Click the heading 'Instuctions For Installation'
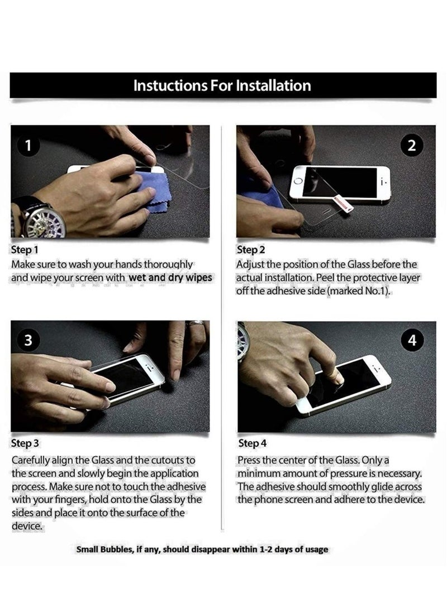point(222,85)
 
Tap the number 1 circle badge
point(28,146)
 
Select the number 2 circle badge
point(412,146)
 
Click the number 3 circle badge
point(28,341)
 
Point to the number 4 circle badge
point(412,341)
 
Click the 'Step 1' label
point(25,250)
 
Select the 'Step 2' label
point(251,250)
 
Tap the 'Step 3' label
point(25,443)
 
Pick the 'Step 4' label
point(252,443)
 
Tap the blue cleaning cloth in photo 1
point(155,190)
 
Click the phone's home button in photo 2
point(298,181)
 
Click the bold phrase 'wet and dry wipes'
point(170,278)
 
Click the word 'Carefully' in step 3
point(30,461)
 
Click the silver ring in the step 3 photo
point(195,323)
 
